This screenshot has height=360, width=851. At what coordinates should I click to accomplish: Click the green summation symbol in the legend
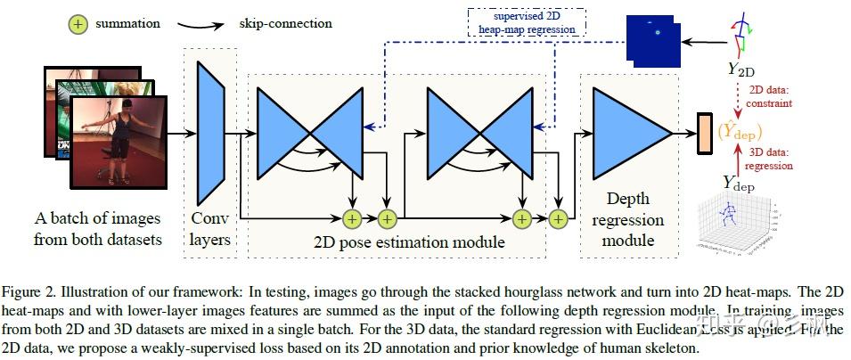(78, 24)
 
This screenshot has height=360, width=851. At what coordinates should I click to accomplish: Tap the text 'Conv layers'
(211, 228)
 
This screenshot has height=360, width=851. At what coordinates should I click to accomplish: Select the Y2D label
(741, 69)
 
